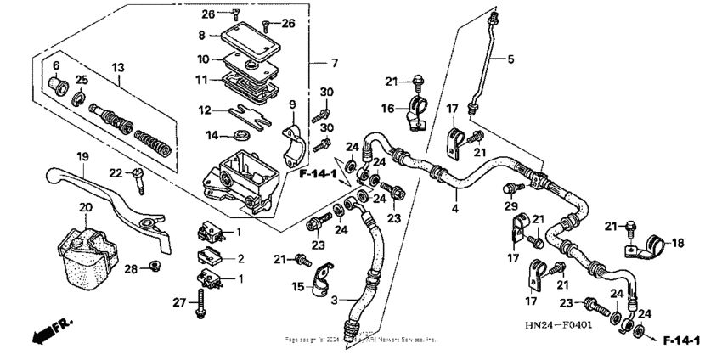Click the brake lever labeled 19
(x=102, y=191)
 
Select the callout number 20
(x=85, y=207)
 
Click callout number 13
(x=116, y=66)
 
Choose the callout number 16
(x=386, y=109)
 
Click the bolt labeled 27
(x=201, y=302)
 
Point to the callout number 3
(x=334, y=301)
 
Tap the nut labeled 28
(x=154, y=268)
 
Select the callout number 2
(x=240, y=258)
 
